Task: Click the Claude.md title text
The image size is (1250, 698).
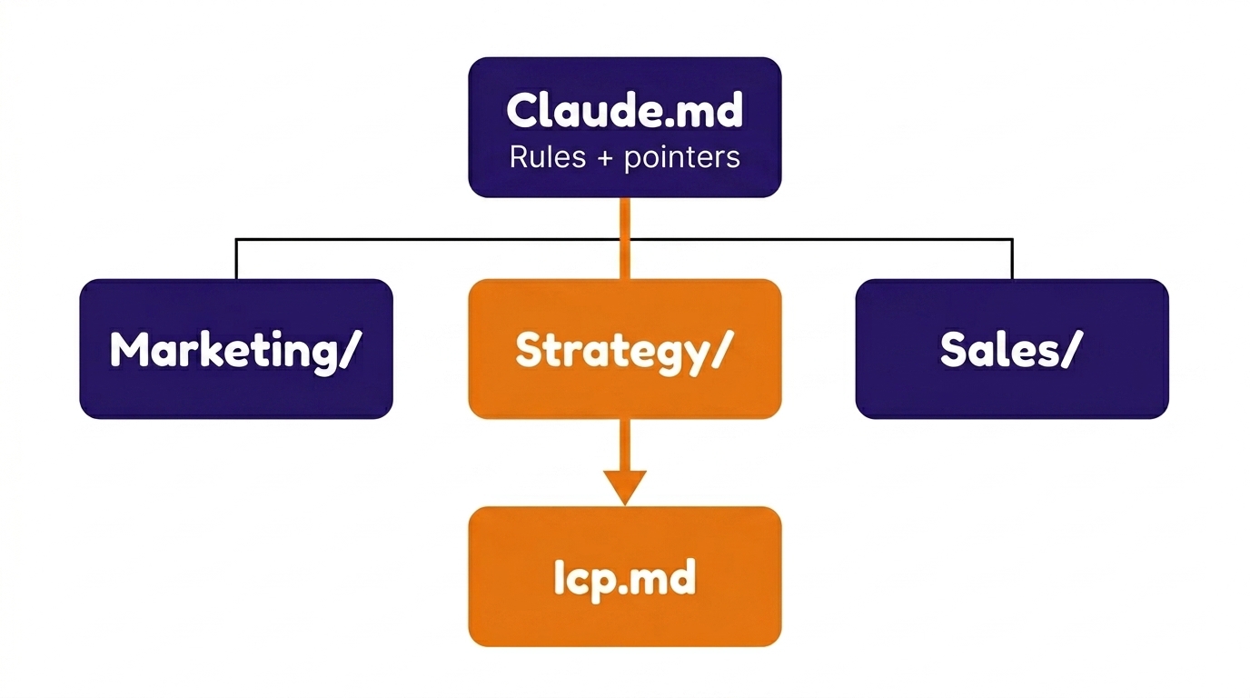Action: pos(625,111)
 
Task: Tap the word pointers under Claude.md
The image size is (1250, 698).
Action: pos(682,157)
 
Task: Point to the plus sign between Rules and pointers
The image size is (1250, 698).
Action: pos(603,158)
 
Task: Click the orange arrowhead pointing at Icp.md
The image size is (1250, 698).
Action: pos(625,487)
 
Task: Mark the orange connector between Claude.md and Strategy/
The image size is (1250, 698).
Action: pos(625,237)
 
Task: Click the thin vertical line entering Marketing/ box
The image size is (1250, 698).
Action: pos(236,260)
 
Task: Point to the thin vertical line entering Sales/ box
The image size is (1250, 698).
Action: pos(1012,260)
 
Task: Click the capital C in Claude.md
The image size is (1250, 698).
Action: pos(524,111)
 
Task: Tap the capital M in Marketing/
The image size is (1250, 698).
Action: pos(129,350)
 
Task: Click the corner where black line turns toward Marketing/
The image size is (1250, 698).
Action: pos(236,240)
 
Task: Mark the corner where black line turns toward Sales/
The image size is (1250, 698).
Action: pos(1012,240)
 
